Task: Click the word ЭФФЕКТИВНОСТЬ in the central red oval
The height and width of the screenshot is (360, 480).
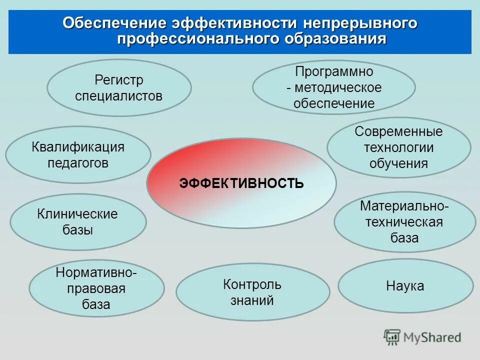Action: coord(241,183)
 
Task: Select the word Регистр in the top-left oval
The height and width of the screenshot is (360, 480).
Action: coord(119,80)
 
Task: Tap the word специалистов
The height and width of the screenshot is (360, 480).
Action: coord(119,96)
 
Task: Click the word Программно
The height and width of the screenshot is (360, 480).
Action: coord(333,71)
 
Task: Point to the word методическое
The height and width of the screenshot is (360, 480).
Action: coord(338,88)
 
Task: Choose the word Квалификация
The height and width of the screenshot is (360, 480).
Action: coord(78,147)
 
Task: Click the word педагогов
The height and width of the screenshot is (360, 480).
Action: coord(78,163)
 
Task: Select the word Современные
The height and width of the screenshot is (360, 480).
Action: coord(398,131)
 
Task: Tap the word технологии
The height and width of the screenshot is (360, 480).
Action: coord(398,147)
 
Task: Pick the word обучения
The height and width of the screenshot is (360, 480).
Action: coord(398,163)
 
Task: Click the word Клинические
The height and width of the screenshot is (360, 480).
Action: coord(77,214)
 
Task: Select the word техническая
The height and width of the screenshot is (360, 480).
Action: coord(404,221)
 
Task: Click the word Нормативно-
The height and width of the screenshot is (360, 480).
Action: coord(96,272)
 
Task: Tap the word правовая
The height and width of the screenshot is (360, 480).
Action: coord(96,288)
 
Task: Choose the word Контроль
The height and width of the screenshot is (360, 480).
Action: coord(252,284)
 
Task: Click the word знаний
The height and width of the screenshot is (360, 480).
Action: coord(252,300)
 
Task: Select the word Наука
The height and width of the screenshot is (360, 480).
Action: coord(405,286)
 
